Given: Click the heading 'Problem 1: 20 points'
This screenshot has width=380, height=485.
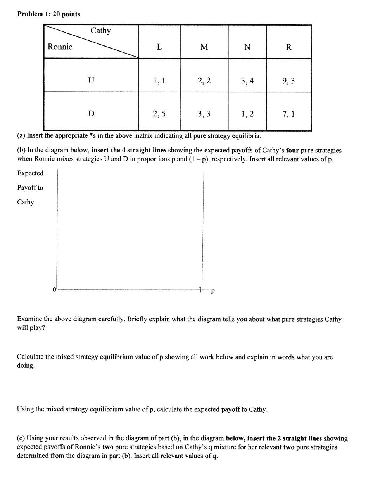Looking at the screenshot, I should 49,14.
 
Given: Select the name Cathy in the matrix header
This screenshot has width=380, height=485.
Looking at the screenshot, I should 100,31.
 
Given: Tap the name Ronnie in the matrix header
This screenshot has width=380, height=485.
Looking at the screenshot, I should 60,47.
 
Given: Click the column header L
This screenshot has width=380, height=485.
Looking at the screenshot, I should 159,47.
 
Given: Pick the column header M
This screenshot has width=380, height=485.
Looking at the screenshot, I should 204,47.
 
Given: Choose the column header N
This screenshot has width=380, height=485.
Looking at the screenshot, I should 247,47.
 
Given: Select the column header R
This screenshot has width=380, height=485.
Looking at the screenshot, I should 288,47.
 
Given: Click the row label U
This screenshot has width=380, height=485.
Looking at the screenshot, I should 91,81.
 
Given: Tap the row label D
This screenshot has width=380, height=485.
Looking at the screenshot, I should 91,114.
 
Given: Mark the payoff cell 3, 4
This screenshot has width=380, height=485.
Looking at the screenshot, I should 247,81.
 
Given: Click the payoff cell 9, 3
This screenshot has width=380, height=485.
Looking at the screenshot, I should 288,81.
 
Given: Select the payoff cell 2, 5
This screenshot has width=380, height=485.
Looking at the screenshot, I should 159,114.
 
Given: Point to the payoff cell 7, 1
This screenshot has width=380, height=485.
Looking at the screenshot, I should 288,114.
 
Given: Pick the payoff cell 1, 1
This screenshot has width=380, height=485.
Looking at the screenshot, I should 159,81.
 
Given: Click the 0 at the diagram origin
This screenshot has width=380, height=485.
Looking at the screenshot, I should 54,289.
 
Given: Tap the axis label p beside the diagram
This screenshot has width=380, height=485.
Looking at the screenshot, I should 213,290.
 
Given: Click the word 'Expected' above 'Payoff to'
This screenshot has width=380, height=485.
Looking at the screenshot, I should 30,173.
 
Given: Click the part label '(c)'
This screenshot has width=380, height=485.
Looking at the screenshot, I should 21,438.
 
